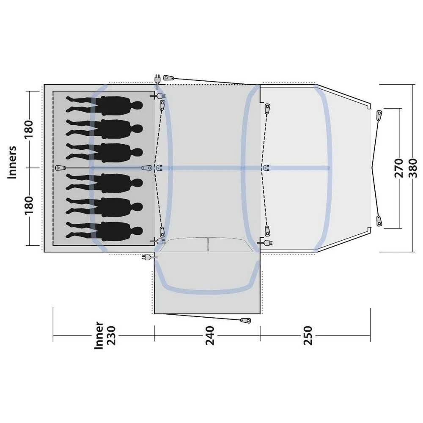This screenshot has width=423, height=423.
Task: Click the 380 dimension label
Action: [x=413, y=168]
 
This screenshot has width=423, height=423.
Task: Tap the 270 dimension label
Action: [x=399, y=168]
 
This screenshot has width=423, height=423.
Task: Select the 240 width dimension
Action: [x=210, y=335]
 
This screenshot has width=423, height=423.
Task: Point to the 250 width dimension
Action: [x=308, y=335]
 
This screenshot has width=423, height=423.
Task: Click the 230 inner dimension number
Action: [x=111, y=335]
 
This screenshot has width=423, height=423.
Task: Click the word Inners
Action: [x=12, y=162]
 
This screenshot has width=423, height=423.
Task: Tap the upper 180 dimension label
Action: [x=29, y=129]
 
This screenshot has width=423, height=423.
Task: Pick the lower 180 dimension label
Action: [x=29, y=205]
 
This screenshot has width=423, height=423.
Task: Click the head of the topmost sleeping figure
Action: [x=137, y=105]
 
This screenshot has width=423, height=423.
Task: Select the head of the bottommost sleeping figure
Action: [x=137, y=231]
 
